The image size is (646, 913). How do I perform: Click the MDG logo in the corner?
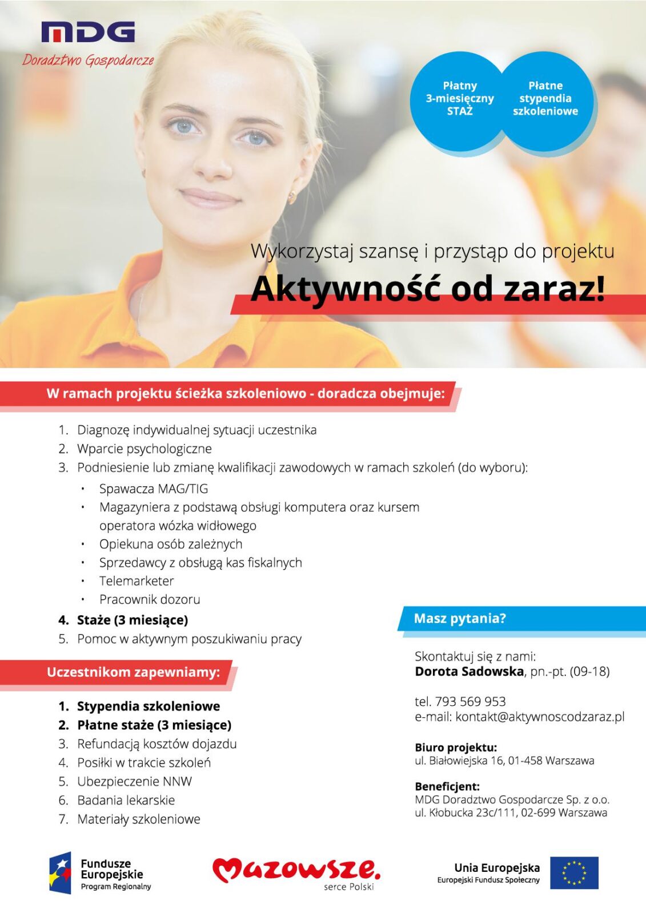click(88, 33)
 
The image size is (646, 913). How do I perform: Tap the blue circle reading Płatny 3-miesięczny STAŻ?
click(459, 99)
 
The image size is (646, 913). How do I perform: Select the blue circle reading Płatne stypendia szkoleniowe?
click(545, 99)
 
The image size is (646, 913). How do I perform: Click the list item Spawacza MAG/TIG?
click(153, 488)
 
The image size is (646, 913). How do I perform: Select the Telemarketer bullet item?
click(137, 581)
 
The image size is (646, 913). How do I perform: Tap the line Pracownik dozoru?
click(150, 599)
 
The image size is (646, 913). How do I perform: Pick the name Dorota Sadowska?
click(469, 671)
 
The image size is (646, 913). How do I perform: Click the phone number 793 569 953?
click(470, 701)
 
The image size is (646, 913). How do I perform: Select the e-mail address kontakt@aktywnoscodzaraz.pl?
click(540, 717)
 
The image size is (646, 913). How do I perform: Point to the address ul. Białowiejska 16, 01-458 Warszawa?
click(504, 760)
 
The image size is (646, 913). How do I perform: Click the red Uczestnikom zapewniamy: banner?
click(133, 672)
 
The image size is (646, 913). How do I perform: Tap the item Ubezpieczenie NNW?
click(134, 781)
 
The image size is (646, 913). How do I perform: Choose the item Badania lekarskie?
click(126, 800)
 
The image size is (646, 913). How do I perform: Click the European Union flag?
click(574, 872)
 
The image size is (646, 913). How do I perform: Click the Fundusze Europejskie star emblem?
click(61, 873)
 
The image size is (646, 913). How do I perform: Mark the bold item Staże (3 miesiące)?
click(132, 620)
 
